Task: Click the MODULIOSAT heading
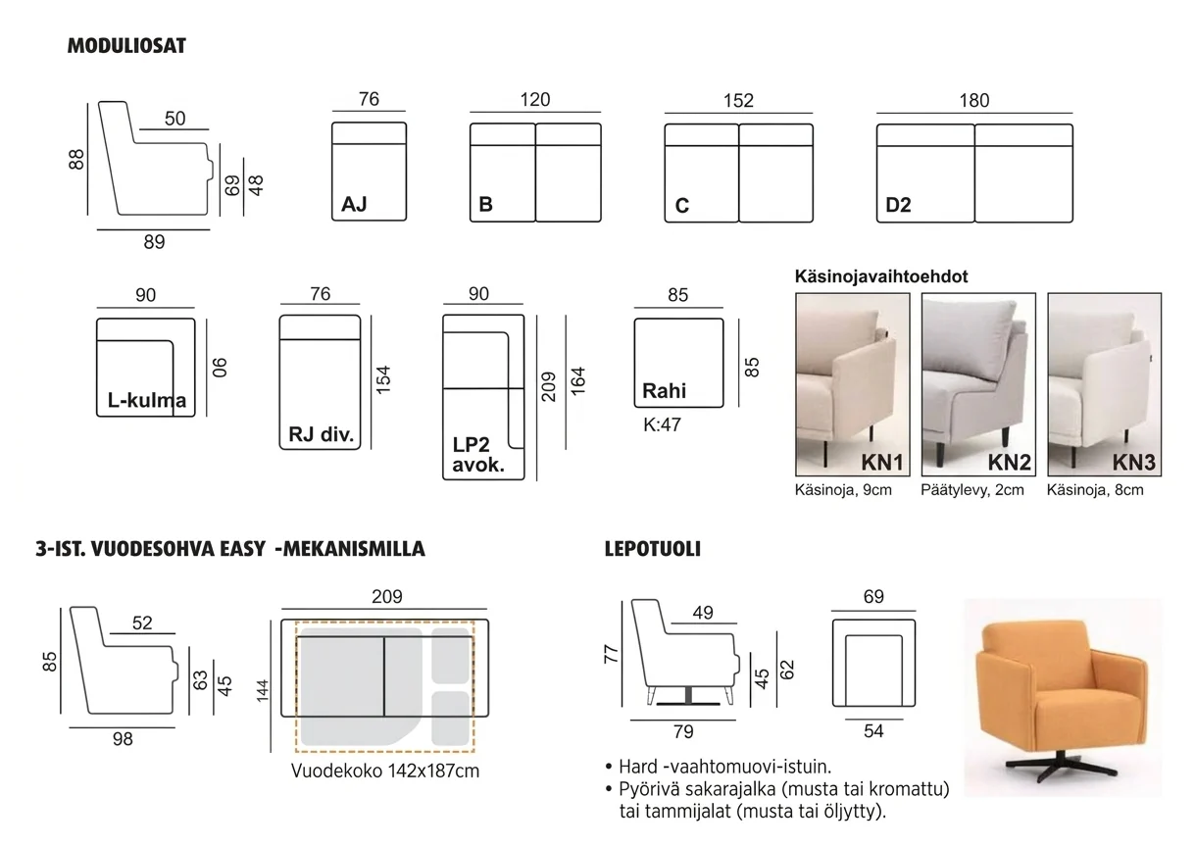(x=126, y=46)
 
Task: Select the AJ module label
(x=354, y=204)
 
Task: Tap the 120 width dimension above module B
(x=535, y=100)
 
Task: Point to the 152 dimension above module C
(x=738, y=101)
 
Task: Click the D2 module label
(x=898, y=205)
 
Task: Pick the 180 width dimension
(x=974, y=101)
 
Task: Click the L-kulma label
(x=147, y=400)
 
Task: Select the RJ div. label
(x=322, y=434)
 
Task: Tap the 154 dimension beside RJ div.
(x=383, y=380)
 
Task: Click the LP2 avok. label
(x=478, y=455)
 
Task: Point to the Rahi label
(x=665, y=391)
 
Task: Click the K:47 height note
(x=662, y=424)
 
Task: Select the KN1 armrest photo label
(x=882, y=463)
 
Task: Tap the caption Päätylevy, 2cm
(x=972, y=490)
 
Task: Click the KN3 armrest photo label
(x=1134, y=463)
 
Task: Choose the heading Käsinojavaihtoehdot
(x=881, y=276)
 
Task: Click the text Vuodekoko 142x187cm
(x=385, y=771)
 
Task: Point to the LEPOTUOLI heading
(x=653, y=549)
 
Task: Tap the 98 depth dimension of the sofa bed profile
(x=123, y=739)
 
